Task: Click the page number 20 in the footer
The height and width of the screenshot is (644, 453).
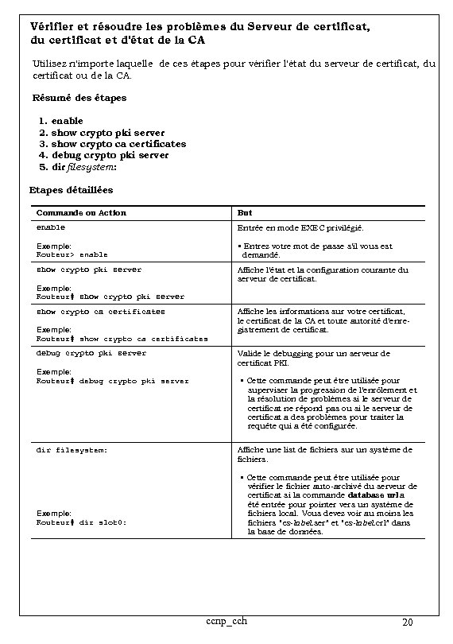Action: tap(407, 622)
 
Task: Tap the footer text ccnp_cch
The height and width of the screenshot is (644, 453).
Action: tap(226, 620)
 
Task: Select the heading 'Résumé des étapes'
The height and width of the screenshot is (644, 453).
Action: tap(79, 98)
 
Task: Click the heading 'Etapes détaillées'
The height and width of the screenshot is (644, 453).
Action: tap(71, 190)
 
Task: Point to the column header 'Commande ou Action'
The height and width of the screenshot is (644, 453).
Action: tap(81, 212)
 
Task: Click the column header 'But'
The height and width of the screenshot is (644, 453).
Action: tap(245, 212)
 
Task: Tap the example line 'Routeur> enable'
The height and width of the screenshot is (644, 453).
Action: tap(72, 254)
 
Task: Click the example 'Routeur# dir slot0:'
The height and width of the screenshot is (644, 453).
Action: tap(82, 522)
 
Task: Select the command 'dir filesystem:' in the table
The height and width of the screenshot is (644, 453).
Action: tap(72, 450)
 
